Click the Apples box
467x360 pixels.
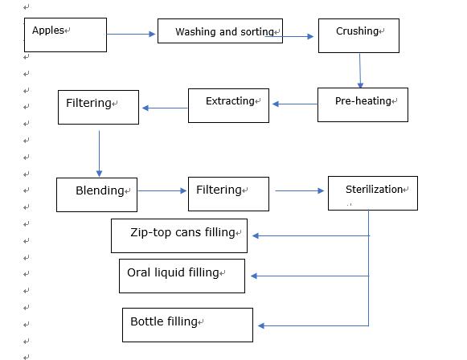coord(65,35)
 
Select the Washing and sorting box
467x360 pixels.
coord(220,31)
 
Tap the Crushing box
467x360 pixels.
coord(358,35)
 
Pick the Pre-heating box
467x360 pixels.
coord(363,104)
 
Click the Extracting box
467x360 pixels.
coord(228,106)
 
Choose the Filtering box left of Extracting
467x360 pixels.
coord(98,107)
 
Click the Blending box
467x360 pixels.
coord(96,194)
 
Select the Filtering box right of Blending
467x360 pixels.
coord(228,194)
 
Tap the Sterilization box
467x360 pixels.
coord(373,193)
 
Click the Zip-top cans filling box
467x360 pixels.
coord(179,235)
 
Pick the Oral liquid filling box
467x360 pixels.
coord(182,276)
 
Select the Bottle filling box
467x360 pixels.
coord(187,325)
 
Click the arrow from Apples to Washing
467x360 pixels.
coord(131,35)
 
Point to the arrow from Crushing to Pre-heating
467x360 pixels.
coord(360,71)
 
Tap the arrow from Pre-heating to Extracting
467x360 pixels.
coord(295,104)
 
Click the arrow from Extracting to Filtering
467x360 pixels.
coord(165,108)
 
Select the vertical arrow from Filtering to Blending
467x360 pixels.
coord(99,153)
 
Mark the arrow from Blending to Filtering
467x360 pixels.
coord(162,190)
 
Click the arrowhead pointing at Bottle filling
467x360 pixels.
coord(261,325)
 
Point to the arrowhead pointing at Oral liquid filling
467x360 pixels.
coord(254,276)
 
